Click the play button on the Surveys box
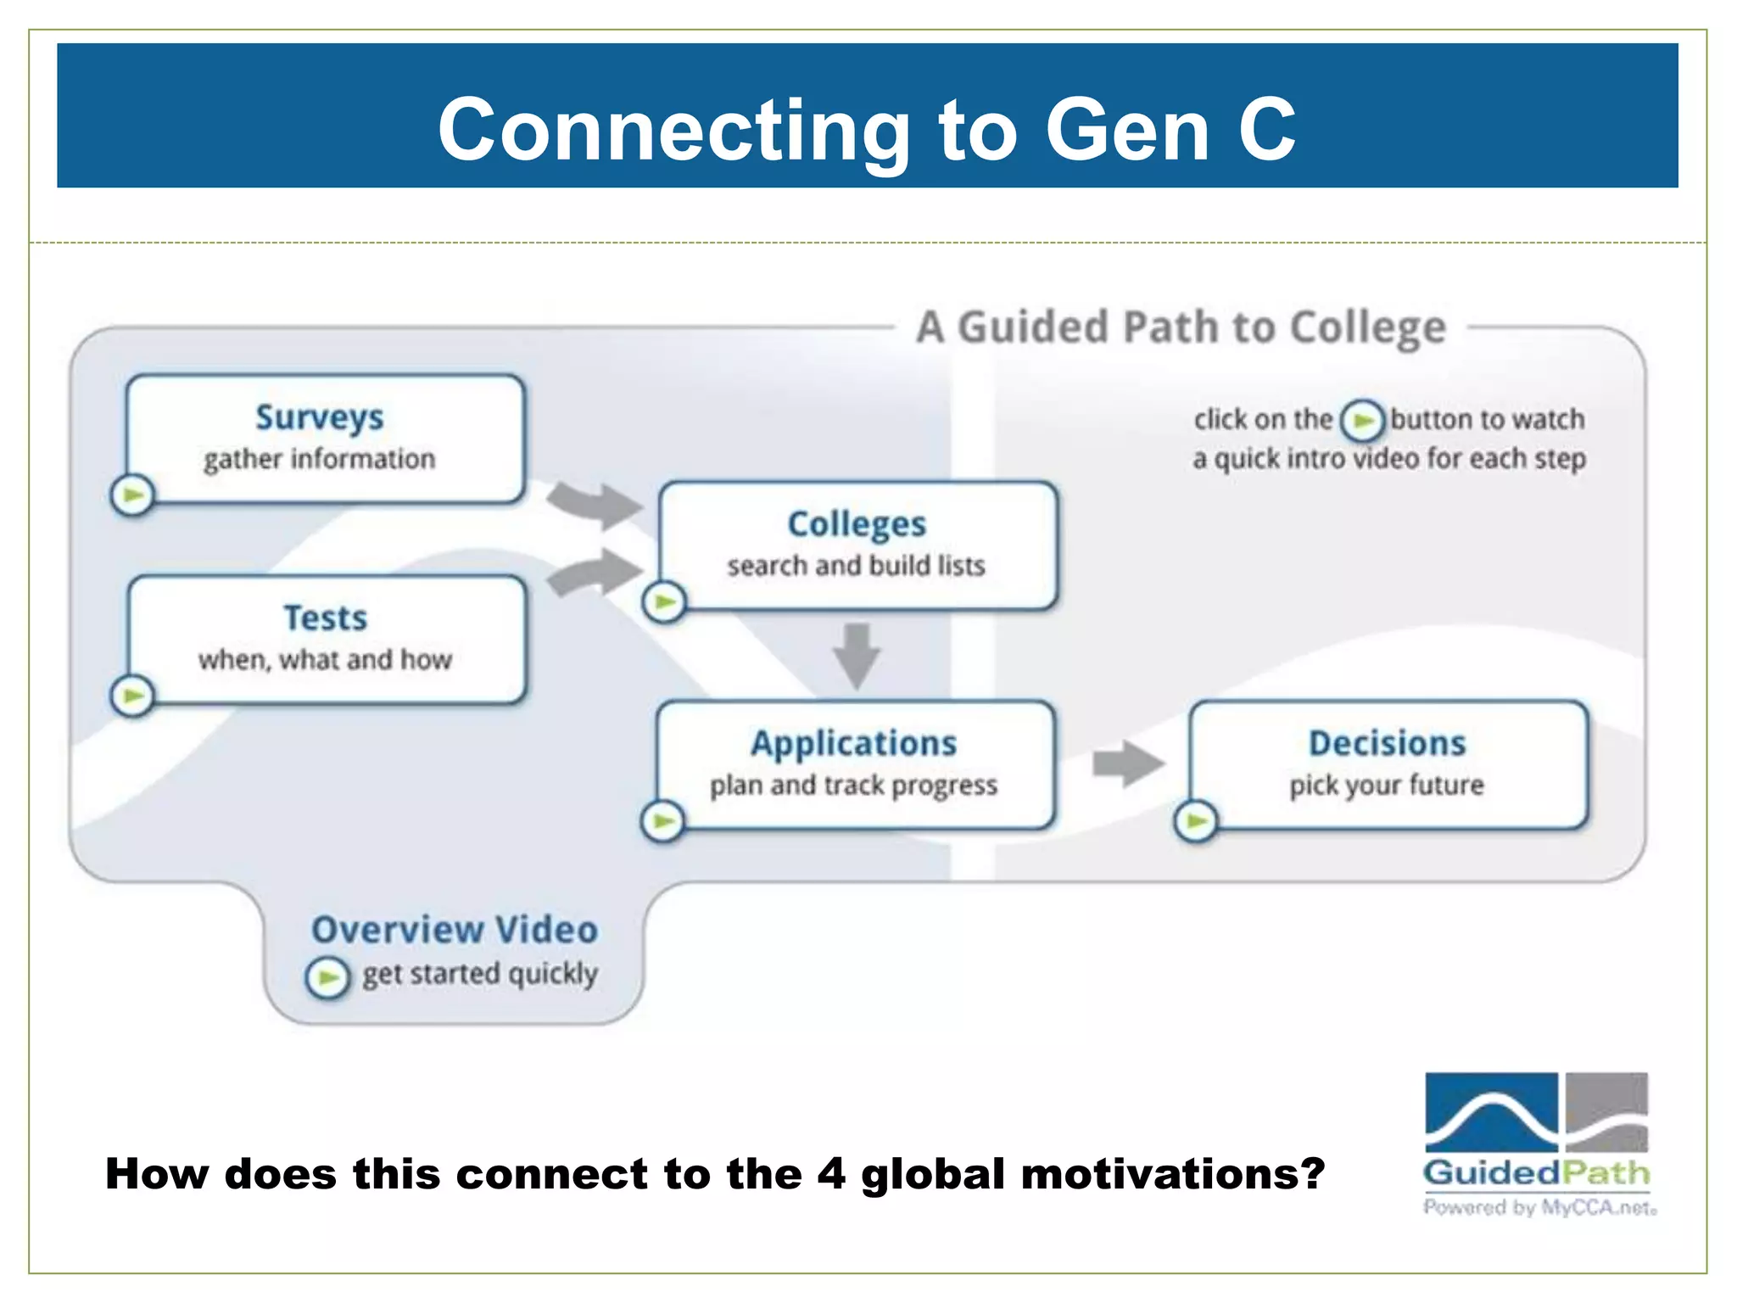(x=132, y=495)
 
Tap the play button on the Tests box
(x=132, y=696)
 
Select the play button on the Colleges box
(x=664, y=602)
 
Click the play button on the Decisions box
(x=1196, y=820)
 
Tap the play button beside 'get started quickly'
(x=327, y=978)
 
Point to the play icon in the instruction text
(x=1362, y=420)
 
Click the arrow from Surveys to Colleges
(x=595, y=504)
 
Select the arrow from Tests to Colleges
(x=596, y=573)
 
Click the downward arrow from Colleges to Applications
(x=857, y=656)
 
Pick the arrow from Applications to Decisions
(x=1128, y=763)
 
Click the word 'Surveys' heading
(x=320, y=417)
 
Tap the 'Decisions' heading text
(x=1387, y=743)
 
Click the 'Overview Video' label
(x=455, y=930)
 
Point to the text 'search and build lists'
(x=856, y=565)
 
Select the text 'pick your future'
(x=1387, y=785)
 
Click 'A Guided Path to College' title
(x=1181, y=327)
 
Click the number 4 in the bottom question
(x=831, y=1174)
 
